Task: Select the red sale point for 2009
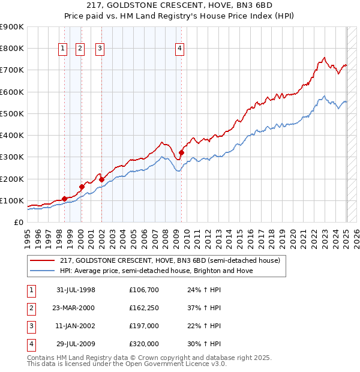181,152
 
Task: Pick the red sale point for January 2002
101,179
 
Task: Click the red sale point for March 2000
82,187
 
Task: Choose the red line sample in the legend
43,261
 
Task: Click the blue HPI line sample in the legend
43,271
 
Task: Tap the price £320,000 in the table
144,344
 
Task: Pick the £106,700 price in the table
144,290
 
